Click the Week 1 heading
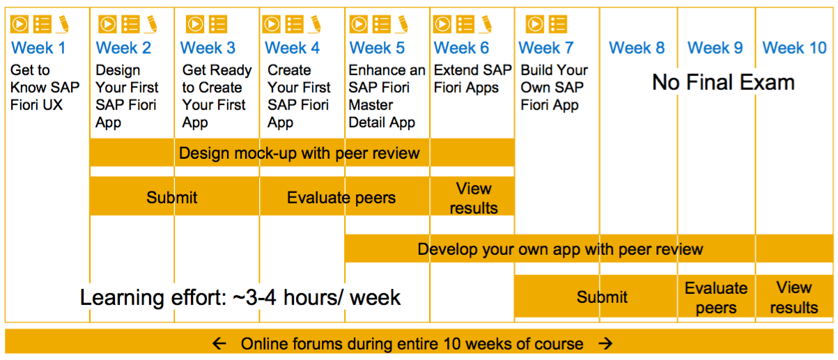pyautogui.click(x=38, y=48)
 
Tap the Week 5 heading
pyautogui.click(x=377, y=48)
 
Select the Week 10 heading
pyautogui.click(x=794, y=48)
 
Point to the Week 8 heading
pyautogui.click(x=637, y=48)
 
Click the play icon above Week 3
pyautogui.click(x=195, y=24)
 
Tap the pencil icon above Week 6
pyautogui.click(x=486, y=24)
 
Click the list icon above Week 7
pyautogui.click(x=558, y=24)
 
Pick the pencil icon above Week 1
pyautogui.click(x=63, y=24)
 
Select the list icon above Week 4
pyautogui.click(x=295, y=24)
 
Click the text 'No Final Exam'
pyautogui.click(x=723, y=82)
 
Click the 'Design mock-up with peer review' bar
pyautogui.click(x=302, y=152)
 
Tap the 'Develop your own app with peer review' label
pyautogui.click(x=560, y=249)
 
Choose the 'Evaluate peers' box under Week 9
pyautogui.click(x=716, y=298)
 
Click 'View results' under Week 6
pyautogui.click(x=473, y=198)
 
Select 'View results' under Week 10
pyautogui.click(x=794, y=298)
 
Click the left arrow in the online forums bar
pyautogui.click(x=219, y=343)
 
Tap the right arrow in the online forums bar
pyautogui.click(x=605, y=343)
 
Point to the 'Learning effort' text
pyautogui.click(x=240, y=297)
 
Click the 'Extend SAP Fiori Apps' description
pyautogui.click(x=472, y=79)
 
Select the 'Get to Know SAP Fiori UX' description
pyautogui.click(x=45, y=88)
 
